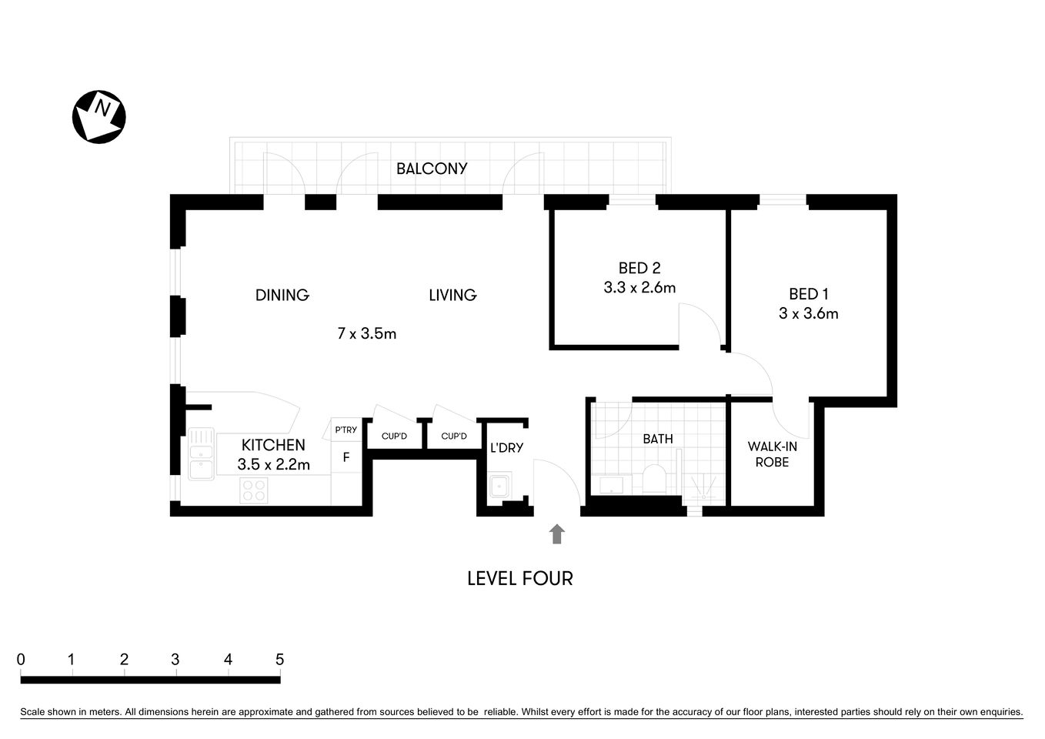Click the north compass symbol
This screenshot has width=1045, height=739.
coord(98,116)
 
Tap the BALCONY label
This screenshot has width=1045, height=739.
coord(431,169)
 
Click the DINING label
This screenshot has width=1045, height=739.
coord(282,295)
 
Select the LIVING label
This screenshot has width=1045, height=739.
coord(452,295)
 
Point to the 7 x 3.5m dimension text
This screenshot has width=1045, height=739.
coord(366,333)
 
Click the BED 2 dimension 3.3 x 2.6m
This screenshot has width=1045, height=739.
coord(639,288)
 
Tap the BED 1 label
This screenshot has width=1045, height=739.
coord(808,294)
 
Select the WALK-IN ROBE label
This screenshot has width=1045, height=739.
coord(772,454)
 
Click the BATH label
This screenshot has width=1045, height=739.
coord(657,439)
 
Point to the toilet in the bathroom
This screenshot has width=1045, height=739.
coord(656,479)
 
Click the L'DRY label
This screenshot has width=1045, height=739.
coord(506,447)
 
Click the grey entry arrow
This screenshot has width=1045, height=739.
coord(556,534)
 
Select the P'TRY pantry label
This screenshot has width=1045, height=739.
coord(346,430)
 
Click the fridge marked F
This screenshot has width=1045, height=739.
coord(346,457)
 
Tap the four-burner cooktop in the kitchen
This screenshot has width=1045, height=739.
coord(253,490)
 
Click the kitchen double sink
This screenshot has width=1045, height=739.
coord(202,454)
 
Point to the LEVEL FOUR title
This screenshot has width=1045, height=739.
coord(519,579)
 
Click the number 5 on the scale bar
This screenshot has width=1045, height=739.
coord(279,660)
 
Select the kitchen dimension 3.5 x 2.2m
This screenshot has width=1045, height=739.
coord(273,465)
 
